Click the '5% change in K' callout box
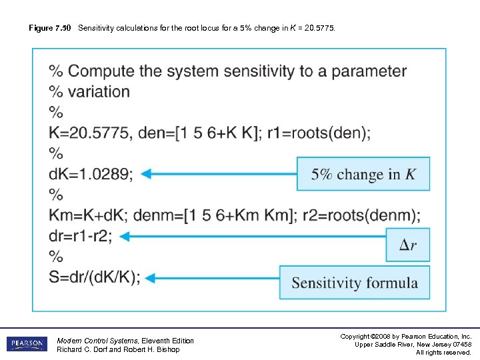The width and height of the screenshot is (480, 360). (x=363, y=174)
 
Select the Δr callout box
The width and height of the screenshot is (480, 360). (x=408, y=245)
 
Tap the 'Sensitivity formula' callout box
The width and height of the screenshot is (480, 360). (x=355, y=283)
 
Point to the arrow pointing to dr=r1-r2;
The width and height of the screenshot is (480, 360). (x=256, y=235)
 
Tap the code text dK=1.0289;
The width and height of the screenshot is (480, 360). (x=91, y=174)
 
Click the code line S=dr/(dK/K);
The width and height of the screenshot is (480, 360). (x=95, y=277)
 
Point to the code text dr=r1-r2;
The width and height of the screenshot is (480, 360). (x=81, y=236)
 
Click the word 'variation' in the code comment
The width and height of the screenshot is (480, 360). (x=99, y=91)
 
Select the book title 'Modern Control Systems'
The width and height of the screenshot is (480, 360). (x=96, y=341)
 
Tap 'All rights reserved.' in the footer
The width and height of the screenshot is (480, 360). (x=443, y=352)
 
